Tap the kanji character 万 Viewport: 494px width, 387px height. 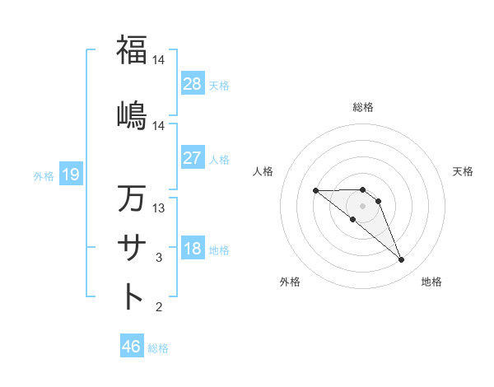point(132,198)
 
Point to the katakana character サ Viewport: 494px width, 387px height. point(132,246)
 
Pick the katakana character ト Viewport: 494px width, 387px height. point(132,296)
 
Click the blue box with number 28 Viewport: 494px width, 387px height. point(193,84)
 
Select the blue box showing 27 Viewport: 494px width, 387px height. point(193,158)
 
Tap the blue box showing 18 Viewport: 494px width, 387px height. point(193,249)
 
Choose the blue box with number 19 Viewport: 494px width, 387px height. point(70,174)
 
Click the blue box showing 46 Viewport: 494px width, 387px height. point(132,347)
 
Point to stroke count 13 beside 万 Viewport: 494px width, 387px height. point(160,208)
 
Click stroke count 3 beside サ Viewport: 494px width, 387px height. point(160,258)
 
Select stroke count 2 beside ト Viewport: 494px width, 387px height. point(160,307)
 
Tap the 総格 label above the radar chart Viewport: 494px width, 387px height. point(363,107)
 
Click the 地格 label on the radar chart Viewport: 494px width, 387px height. point(431,282)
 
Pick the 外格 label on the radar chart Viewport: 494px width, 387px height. point(290,282)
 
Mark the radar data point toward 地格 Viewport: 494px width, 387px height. point(401,260)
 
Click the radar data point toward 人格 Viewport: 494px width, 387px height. point(316,191)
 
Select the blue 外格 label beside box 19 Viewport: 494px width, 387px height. point(44,175)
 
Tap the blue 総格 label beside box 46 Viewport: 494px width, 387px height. point(158,348)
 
